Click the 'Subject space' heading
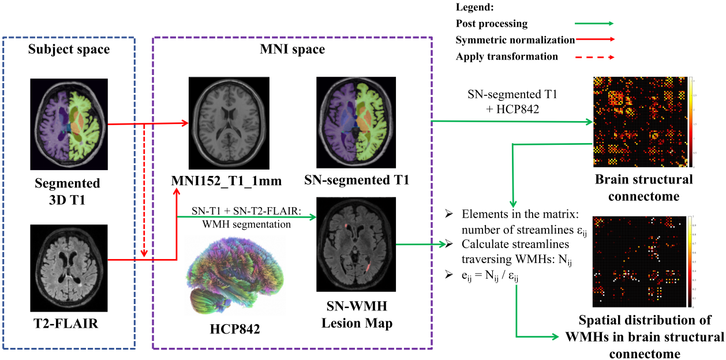tap(69, 49)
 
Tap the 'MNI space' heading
tap(293, 49)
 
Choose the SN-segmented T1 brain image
tap(356, 123)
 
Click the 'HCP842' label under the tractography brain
tap(235, 329)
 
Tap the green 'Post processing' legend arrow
tap(593, 24)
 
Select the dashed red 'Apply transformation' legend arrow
tap(593, 57)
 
